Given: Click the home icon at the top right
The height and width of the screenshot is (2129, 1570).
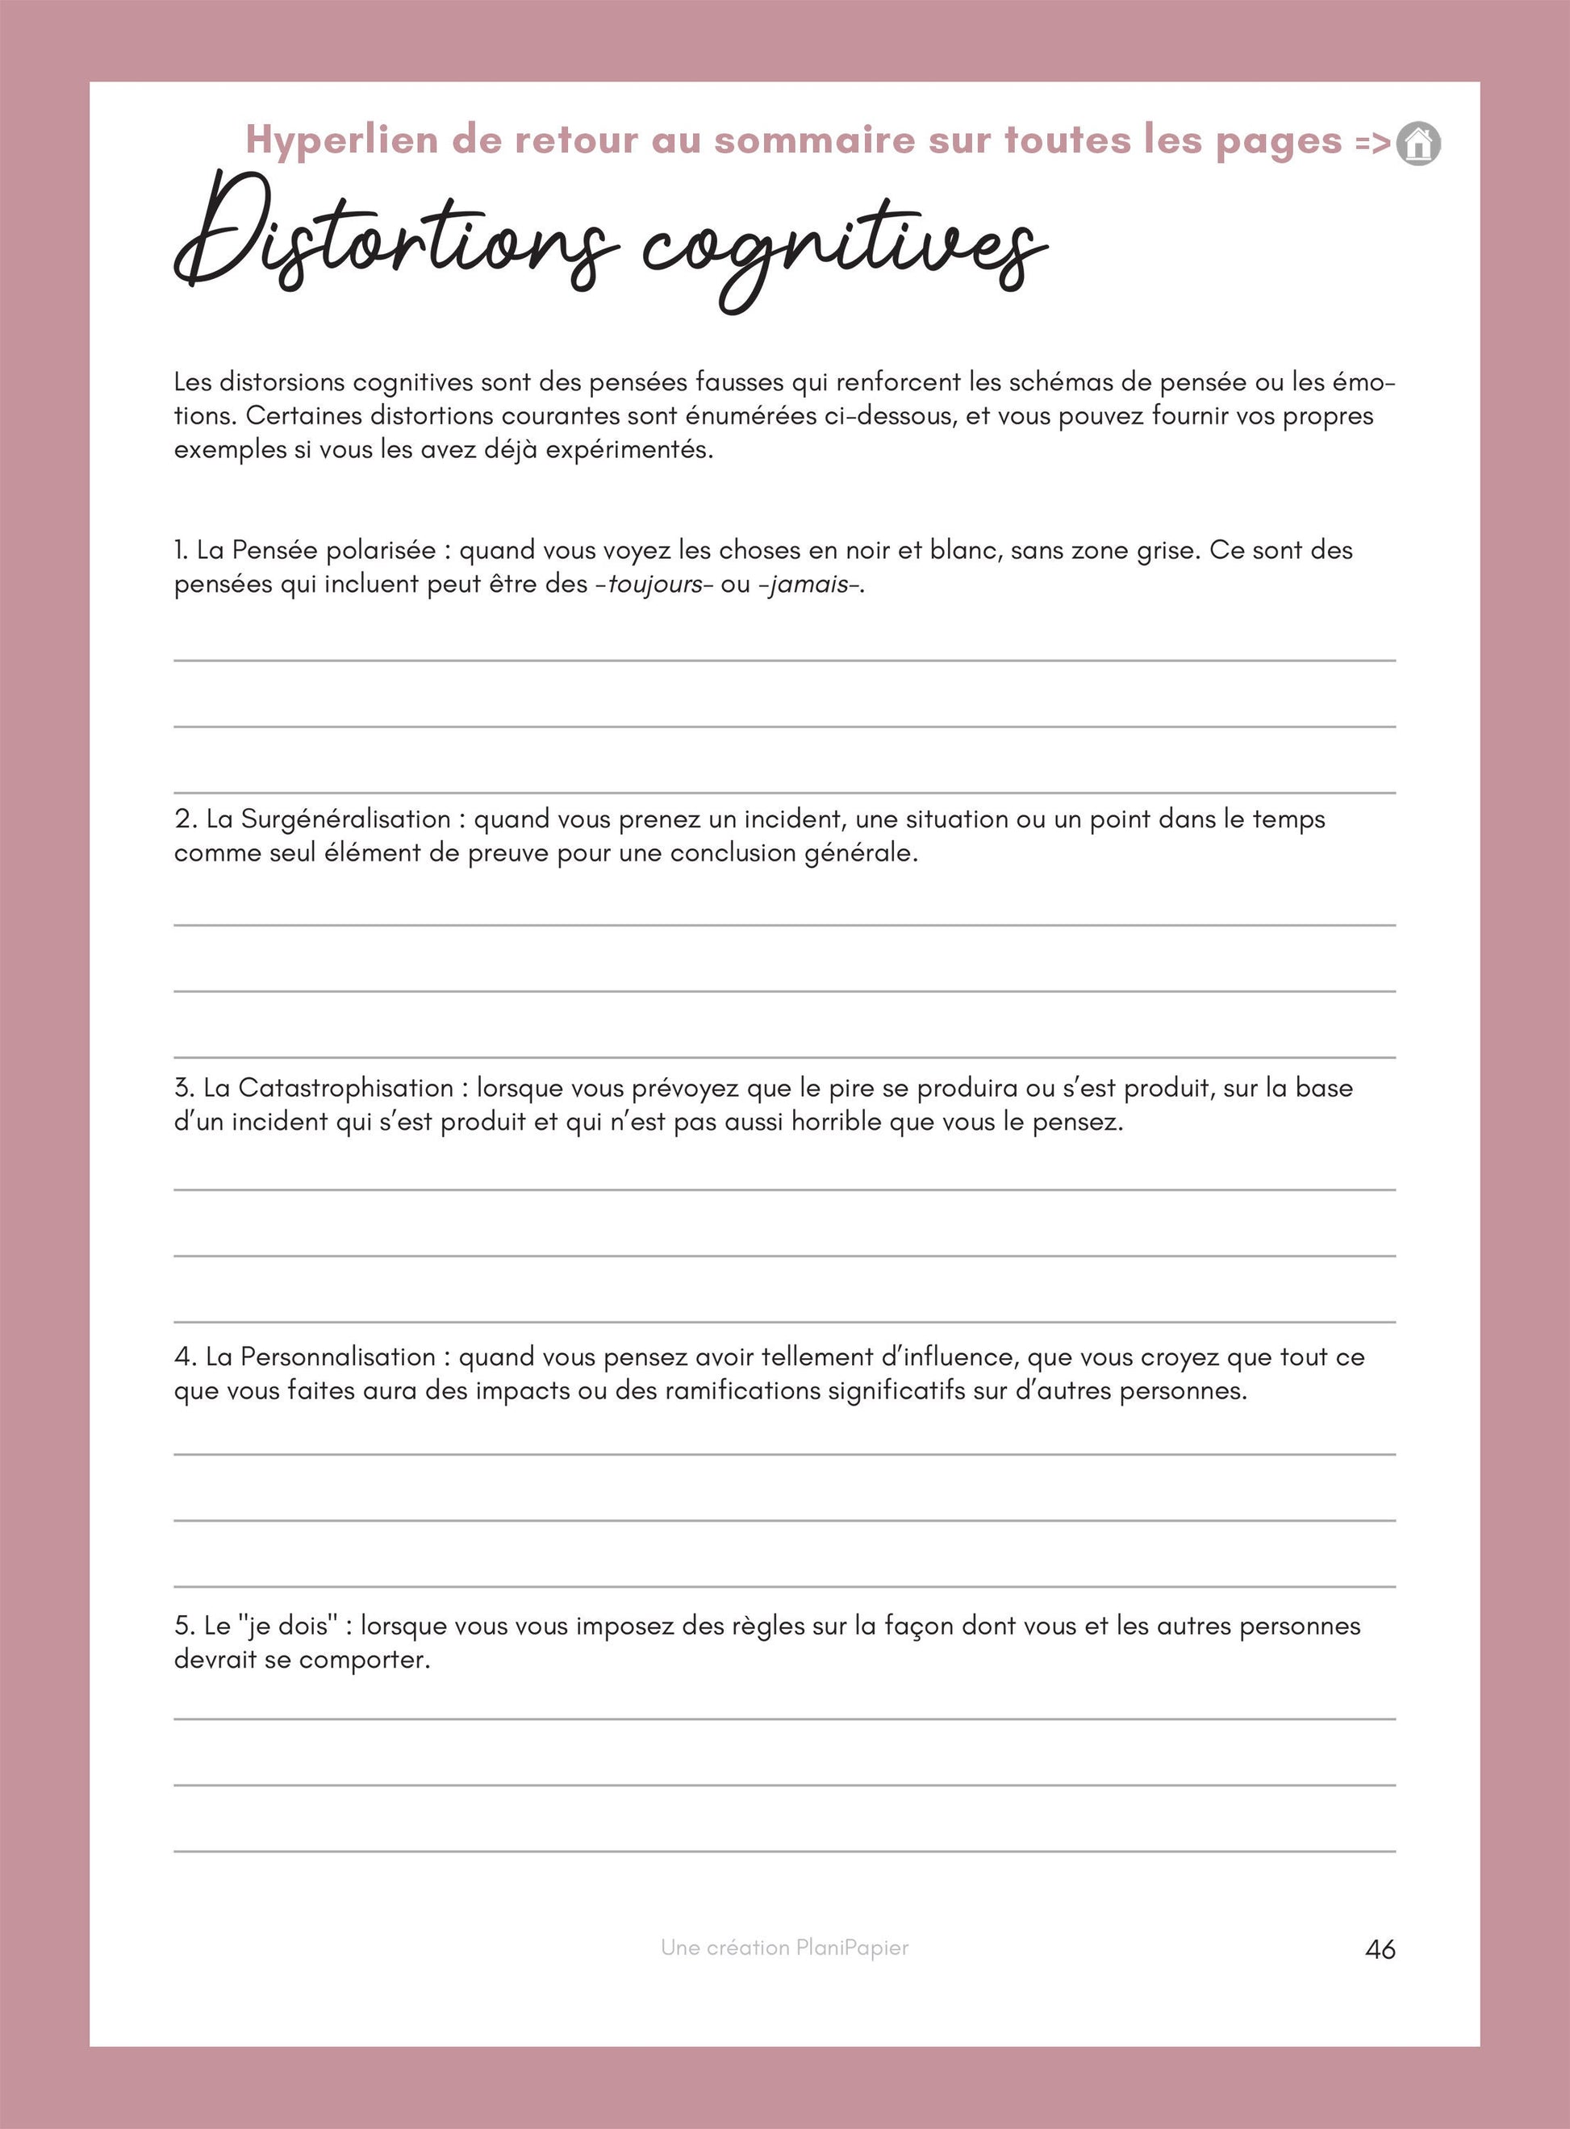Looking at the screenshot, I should click(1418, 144).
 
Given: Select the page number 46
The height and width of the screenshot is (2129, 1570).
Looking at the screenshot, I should click(1380, 1949).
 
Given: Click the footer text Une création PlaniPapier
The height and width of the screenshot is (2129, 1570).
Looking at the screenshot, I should click(785, 1948).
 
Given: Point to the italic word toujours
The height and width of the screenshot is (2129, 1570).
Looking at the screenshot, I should click(655, 583).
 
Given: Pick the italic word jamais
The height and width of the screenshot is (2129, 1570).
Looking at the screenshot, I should click(808, 583).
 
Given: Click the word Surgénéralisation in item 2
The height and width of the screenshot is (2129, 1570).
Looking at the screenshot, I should click(346, 819).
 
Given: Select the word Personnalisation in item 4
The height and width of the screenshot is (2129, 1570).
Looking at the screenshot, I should click(338, 1356).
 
